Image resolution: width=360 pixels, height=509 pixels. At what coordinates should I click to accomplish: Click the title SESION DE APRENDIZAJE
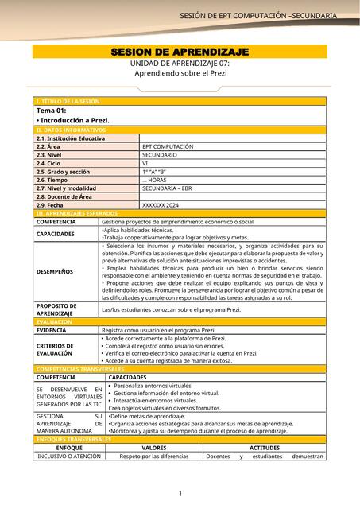point(180,52)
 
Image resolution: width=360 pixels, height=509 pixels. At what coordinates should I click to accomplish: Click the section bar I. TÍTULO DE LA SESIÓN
point(68,102)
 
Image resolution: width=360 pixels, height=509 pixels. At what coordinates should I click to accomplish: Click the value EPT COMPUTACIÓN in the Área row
point(168,147)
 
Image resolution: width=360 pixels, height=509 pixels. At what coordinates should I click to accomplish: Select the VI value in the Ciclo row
point(146,164)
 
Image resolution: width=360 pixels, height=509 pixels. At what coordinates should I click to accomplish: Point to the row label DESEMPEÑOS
point(55,271)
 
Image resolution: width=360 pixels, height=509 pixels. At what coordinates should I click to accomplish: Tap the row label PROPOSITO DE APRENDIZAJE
point(56,309)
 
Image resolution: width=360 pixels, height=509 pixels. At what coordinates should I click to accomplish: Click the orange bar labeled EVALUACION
point(55,322)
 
